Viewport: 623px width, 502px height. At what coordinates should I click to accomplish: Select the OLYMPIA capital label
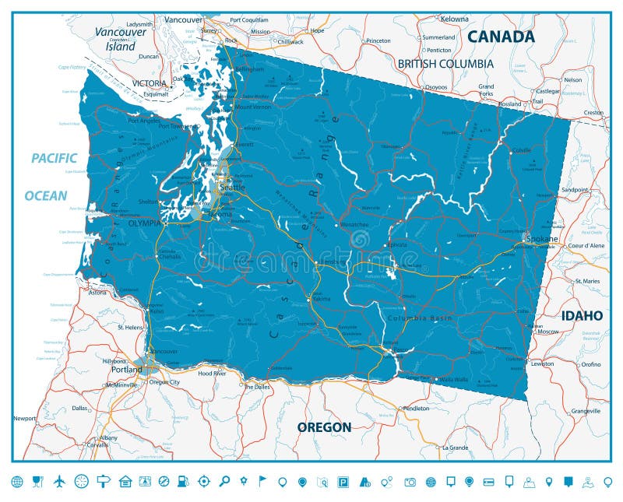click(x=144, y=223)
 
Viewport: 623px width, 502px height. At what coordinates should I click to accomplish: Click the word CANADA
click(x=501, y=37)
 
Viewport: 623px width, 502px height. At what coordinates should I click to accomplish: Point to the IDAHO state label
click(x=582, y=315)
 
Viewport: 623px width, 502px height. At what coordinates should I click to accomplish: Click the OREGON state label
click(x=324, y=427)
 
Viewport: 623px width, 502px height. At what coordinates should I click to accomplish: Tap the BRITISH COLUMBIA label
click(x=445, y=64)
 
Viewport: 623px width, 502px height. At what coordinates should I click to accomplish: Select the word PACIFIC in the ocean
click(x=54, y=158)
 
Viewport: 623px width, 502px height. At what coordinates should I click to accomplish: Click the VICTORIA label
click(x=149, y=83)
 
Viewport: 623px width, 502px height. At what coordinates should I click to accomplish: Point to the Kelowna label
click(x=454, y=19)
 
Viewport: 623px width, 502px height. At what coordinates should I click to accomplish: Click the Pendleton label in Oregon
click(x=416, y=408)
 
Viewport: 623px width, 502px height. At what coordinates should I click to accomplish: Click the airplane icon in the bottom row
click(x=59, y=481)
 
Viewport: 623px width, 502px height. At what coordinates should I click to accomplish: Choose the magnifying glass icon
click(x=224, y=481)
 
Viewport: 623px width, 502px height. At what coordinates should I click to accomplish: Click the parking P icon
click(x=343, y=481)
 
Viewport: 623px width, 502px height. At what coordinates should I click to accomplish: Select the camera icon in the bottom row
click(x=410, y=481)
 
